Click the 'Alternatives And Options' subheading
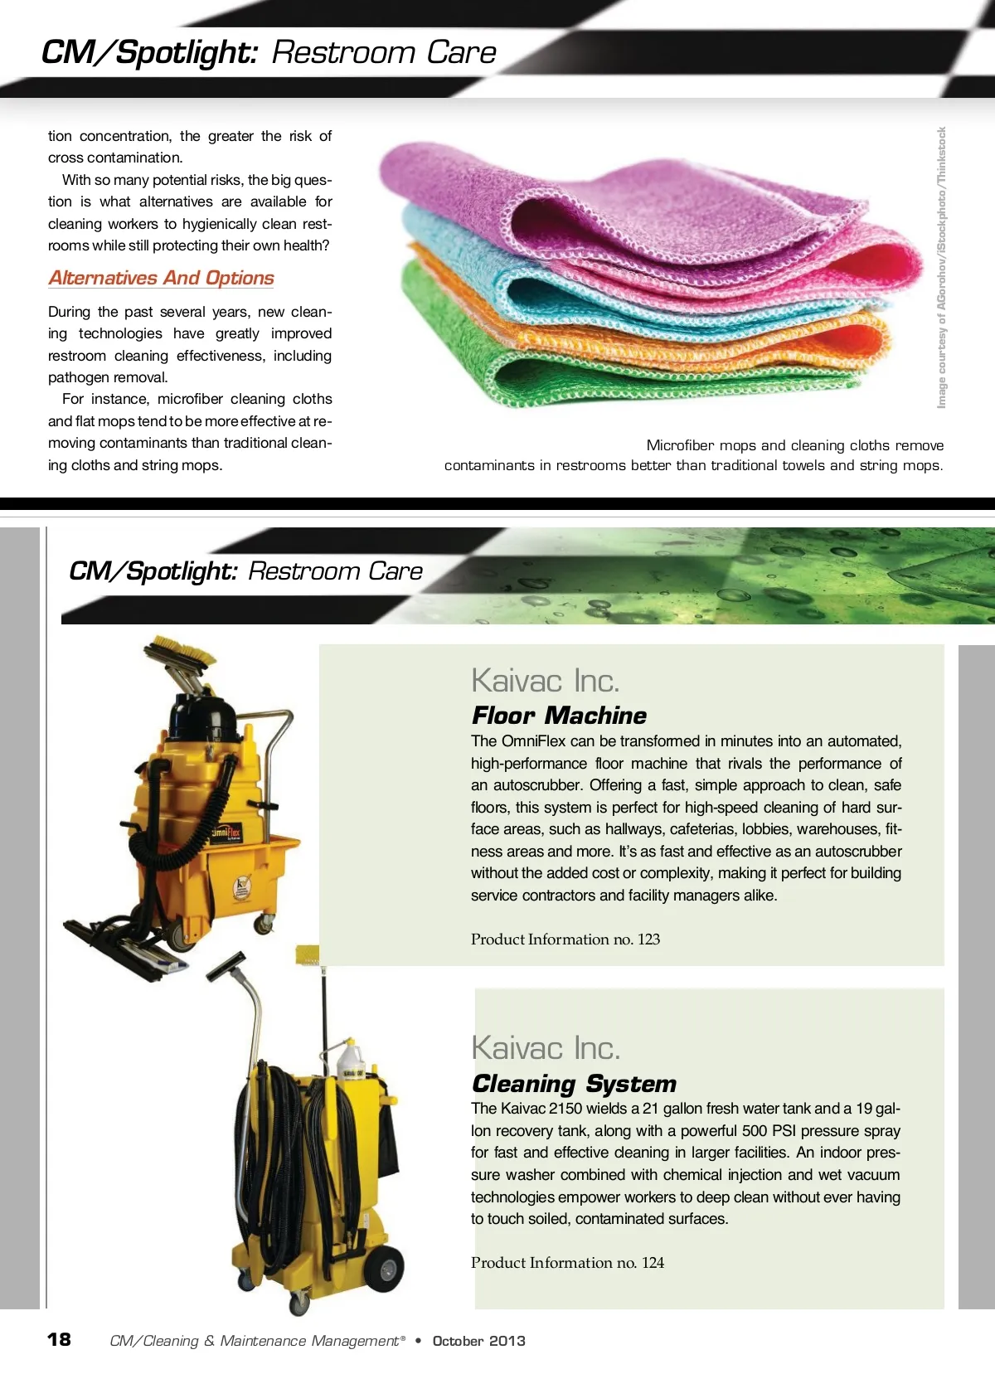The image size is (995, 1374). [x=161, y=278]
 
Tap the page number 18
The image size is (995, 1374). [x=59, y=1339]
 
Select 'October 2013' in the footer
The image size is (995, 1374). [x=478, y=1341]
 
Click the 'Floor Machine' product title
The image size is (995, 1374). [x=559, y=716]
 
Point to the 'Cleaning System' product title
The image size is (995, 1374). [x=574, y=1084]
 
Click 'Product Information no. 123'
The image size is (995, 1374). [x=565, y=939]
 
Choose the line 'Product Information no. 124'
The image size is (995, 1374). [x=567, y=1263]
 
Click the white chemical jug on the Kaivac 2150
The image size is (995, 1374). [x=349, y=1057]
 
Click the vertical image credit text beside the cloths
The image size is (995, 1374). [x=941, y=267]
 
